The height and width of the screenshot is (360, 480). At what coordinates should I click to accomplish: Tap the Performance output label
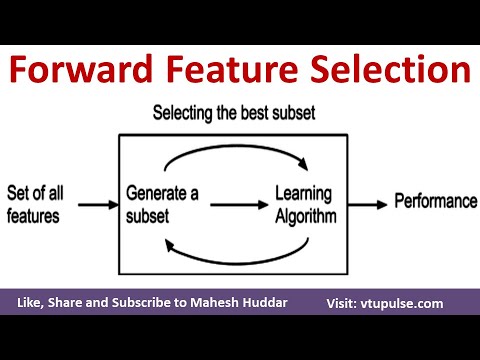(435, 202)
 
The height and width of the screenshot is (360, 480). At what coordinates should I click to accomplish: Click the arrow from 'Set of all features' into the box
(97, 205)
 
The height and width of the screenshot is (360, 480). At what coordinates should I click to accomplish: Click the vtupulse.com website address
(413, 303)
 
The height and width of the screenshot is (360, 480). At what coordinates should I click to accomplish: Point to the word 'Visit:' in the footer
(345, 303)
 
